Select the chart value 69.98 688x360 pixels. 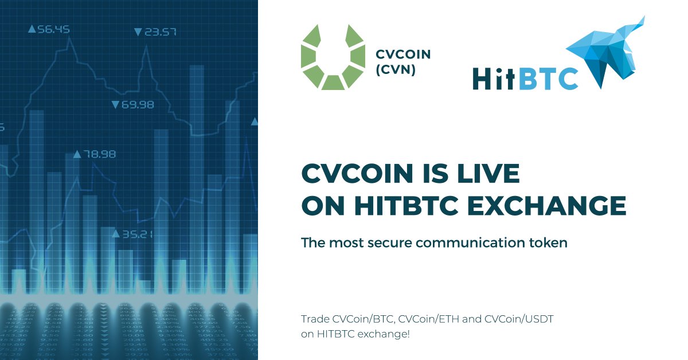click(137, 104)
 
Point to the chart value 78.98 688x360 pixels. click(99, 154)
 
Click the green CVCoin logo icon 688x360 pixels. click(333, 57)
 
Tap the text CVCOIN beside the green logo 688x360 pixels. click(402, 55)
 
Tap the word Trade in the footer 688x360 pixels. click(313, 318)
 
